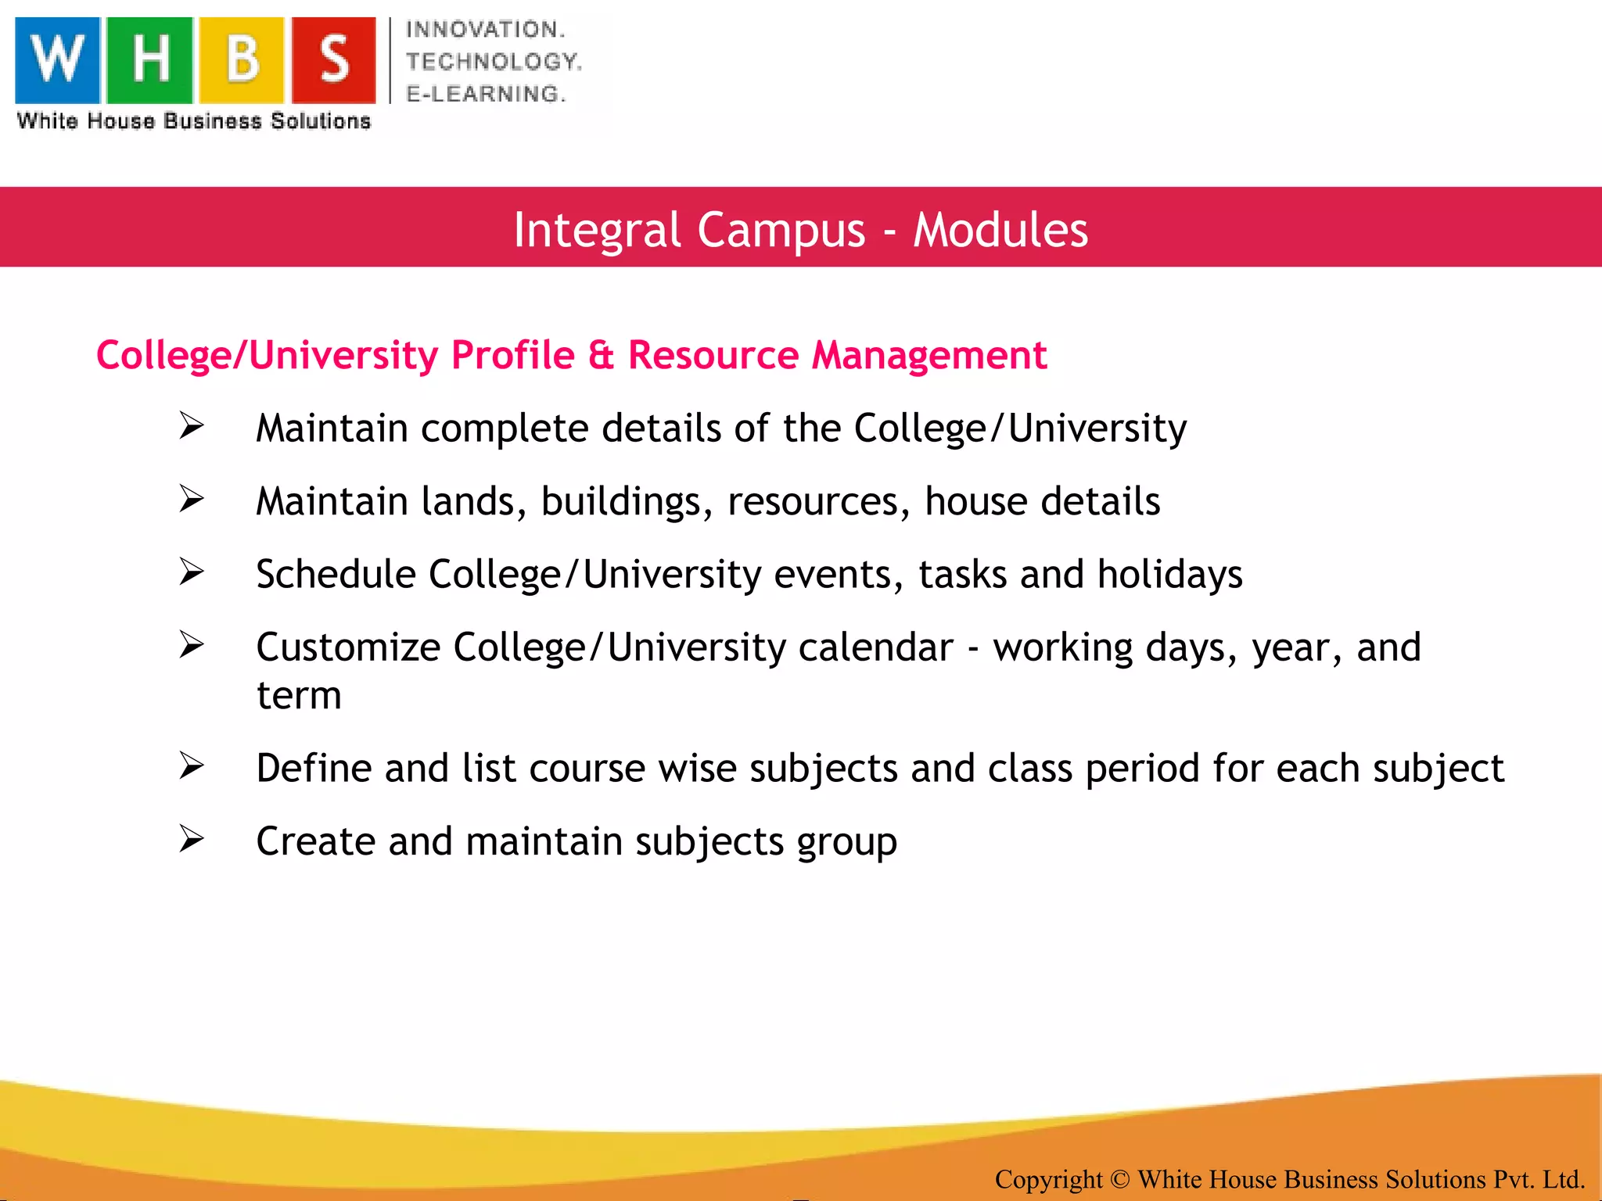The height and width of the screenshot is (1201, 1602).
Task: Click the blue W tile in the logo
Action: click(x=58, y=60)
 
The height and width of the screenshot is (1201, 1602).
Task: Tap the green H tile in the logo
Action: click(x=149, y=60)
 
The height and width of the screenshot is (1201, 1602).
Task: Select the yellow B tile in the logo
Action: click(x=242, y=60)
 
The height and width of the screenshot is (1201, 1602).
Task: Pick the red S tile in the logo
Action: click(x=334, y=60)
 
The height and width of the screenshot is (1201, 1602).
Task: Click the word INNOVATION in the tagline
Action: click(x=485, y=30)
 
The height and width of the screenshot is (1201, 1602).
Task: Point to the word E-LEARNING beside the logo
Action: click(x=485, y=94)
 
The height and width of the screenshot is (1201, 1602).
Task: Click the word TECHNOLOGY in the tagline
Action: click(x=494, y=62)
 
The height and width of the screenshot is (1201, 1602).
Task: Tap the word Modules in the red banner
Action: click(x=1000, y=230)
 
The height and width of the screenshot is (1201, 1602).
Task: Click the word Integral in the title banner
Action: click(x=597, y=230)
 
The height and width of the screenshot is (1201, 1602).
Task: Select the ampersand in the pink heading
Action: click(x=601, y=355)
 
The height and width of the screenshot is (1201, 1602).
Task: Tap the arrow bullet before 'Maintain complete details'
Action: click(x=192, y=426)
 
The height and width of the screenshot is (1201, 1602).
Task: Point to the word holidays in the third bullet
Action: click(x=1169, y=575)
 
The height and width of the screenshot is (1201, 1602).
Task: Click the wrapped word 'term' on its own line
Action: click(x=300, y=695)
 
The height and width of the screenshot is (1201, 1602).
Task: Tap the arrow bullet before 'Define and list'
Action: click(x=192, y=766)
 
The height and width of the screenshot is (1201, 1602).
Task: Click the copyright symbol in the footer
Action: click(x=1120, y=1179)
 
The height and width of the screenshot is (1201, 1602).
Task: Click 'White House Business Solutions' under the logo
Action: click(x=194, y=121)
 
